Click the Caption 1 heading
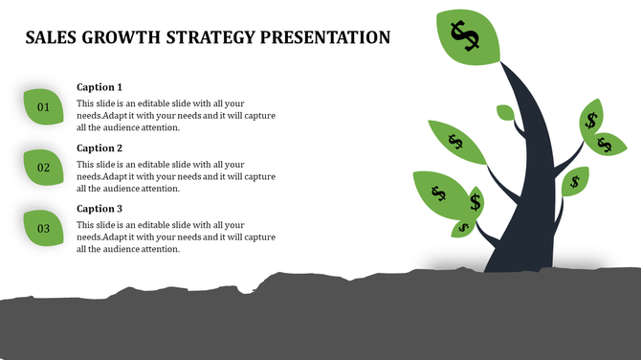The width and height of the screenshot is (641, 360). pos(99,87)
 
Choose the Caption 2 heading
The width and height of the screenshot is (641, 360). pos(99,148)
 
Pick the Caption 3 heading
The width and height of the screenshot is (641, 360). pos(99,209)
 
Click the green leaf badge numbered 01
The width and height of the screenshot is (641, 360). pos(44,106)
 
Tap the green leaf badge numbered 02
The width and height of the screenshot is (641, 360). pos(44,168)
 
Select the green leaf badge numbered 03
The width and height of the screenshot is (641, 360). pos(44,228)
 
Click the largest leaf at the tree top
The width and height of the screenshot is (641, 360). pos(467,36)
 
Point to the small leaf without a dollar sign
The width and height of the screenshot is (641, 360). pos(505,113)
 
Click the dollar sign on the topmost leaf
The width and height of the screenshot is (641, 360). pos(466,36)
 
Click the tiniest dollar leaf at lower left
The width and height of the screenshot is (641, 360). pos(464,228)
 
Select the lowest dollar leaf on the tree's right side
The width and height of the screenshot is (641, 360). pos(575,181)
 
